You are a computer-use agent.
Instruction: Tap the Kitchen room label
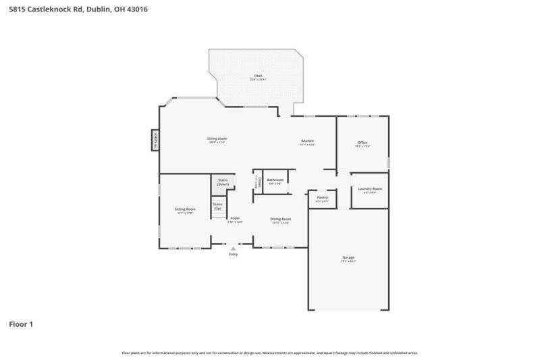click(x=308, y=140)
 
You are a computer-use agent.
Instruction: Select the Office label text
click(x=362, y=143)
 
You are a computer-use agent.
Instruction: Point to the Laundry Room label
click(x=370, y=188)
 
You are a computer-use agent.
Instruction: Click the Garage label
click(x=348, y=257)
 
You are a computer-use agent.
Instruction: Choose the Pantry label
click(x=322, y=197)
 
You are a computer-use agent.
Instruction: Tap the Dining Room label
click(x=281, y=219)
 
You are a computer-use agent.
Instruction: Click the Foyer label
click(x=235, y=218)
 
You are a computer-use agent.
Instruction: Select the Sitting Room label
click(x=186, y=209)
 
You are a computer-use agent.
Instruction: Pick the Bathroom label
click(x=275, y=180)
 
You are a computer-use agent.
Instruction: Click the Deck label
click(x=258, y=76)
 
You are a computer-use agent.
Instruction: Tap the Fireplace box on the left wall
click(x=155, y=140)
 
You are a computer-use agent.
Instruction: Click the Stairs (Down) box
click(x=223, y=182)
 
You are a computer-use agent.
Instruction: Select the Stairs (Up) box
click(x=218, y=206)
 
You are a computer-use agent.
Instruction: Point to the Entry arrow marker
click(x=234, y=249)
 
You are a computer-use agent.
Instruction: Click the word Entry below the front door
click(x=234, y=255)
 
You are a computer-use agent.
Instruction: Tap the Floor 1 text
click(x=20, y=324)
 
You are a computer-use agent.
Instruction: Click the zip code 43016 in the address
click(x=135, y=10)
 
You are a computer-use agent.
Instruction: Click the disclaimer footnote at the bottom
click(x=270, y=353)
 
